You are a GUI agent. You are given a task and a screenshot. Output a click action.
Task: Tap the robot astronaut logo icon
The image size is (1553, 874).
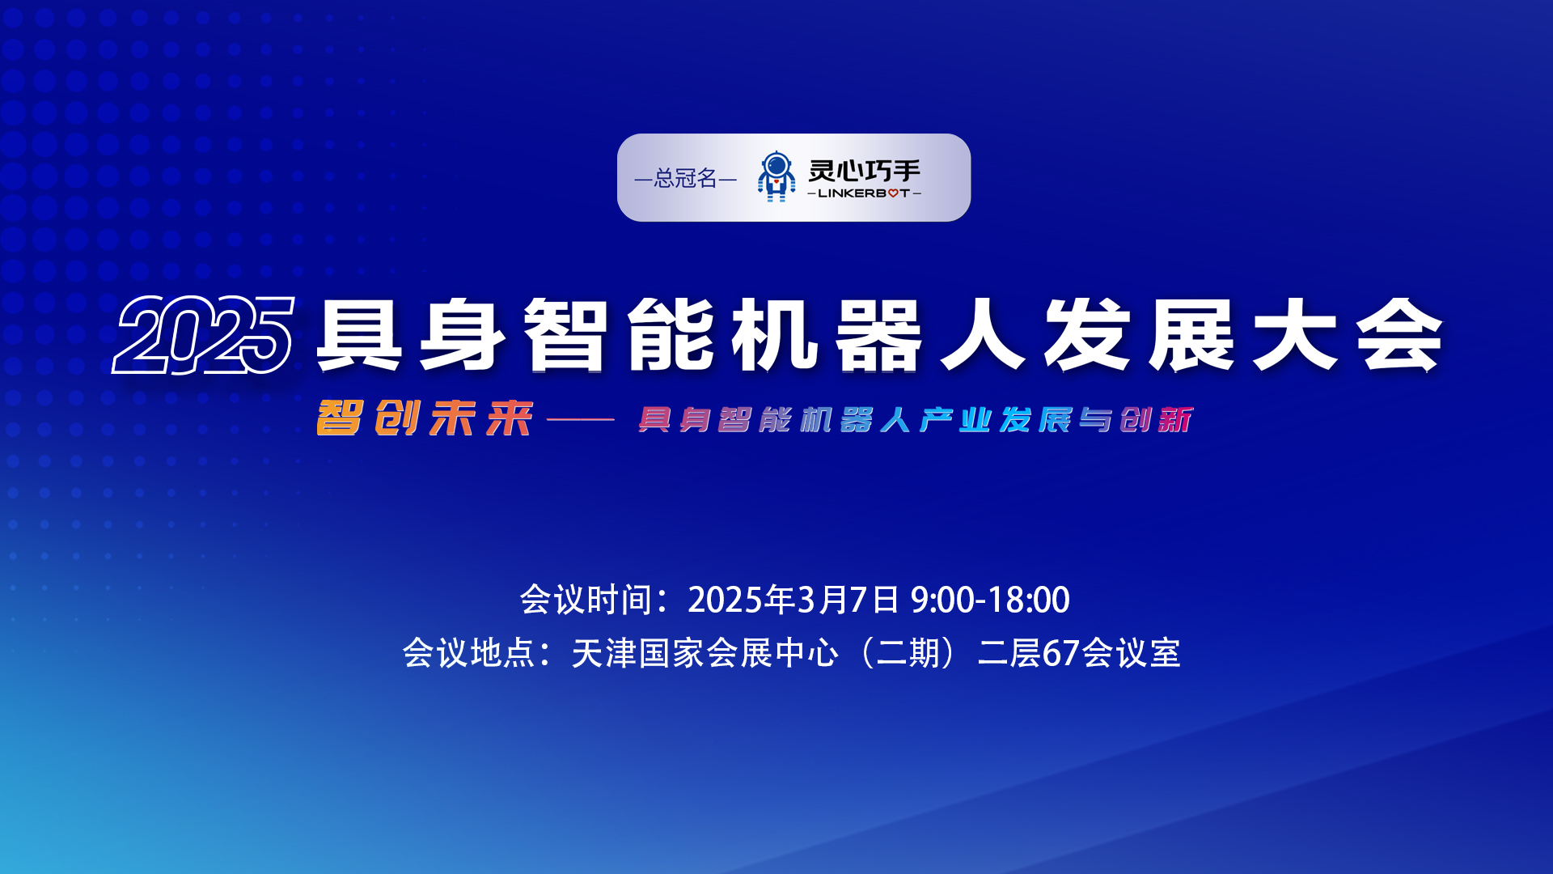click(776, 176)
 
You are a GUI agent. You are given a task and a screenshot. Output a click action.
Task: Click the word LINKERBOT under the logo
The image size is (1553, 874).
click(864, 193)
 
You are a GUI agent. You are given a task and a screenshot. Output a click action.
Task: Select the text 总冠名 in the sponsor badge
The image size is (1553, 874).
click(686, 178)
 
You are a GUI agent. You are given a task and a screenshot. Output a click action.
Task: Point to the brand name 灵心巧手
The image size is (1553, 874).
click(865, 171)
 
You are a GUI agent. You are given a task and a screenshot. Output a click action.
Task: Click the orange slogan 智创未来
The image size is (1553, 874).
click(425, 418)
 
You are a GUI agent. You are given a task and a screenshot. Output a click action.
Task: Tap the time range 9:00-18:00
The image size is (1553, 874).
click(990, 600)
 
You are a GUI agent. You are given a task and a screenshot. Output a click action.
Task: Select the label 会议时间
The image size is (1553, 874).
click(586, 600)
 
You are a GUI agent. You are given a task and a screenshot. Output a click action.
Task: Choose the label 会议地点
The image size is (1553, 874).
click(469, 653)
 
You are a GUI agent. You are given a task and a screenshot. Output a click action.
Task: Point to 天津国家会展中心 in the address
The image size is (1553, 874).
click(705, 653)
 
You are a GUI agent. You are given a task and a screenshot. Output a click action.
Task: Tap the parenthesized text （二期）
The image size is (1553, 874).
click(908, 653)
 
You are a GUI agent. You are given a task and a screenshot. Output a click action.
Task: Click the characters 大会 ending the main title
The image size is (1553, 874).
click(1348, 334)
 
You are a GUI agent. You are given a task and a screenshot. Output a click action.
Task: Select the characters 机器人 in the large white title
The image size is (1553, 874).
click(878, 334)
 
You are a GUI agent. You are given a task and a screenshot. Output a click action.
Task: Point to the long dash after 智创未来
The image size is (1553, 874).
click(581, 419)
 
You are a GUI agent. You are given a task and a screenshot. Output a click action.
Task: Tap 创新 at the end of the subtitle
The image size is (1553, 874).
click(1157, 420)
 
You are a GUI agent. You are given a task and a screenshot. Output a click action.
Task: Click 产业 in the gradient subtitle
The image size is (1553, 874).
click(955, 420)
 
